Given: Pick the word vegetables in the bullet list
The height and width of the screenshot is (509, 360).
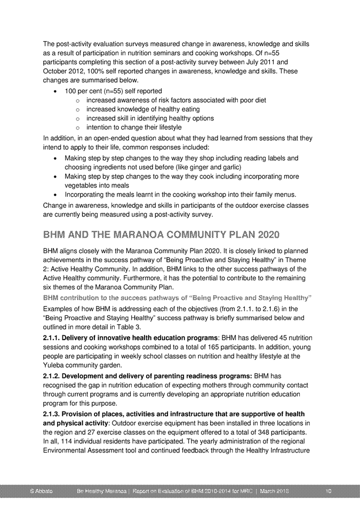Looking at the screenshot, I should click(x=83, y=185).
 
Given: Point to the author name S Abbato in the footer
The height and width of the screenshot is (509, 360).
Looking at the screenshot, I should click(x=40, y=490).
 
